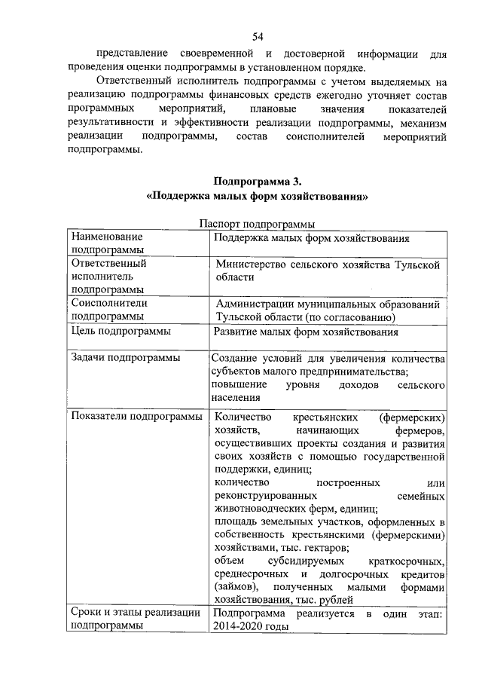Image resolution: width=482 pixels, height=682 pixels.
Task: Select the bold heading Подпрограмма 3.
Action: point(257,181)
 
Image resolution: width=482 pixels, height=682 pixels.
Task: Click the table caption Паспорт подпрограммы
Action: point(257,224)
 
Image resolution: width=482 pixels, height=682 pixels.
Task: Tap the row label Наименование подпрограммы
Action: point(107,243)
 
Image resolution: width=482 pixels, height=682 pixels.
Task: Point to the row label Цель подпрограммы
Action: point(120,331)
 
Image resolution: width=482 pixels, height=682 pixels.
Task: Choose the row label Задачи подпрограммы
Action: point(125,357)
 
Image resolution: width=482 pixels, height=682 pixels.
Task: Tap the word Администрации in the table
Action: point(263,304)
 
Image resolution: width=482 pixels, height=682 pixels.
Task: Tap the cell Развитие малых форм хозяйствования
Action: point(305,331)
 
